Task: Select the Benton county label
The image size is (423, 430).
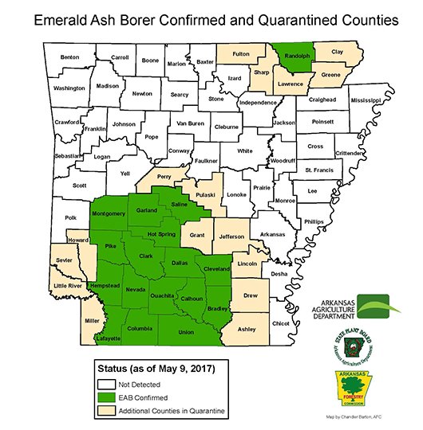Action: (x=70, y=57)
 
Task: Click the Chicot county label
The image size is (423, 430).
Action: (x=281, y=323)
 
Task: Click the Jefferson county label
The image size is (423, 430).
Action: (x=231, y=236)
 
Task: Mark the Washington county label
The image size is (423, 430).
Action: (x=69, y=88)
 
